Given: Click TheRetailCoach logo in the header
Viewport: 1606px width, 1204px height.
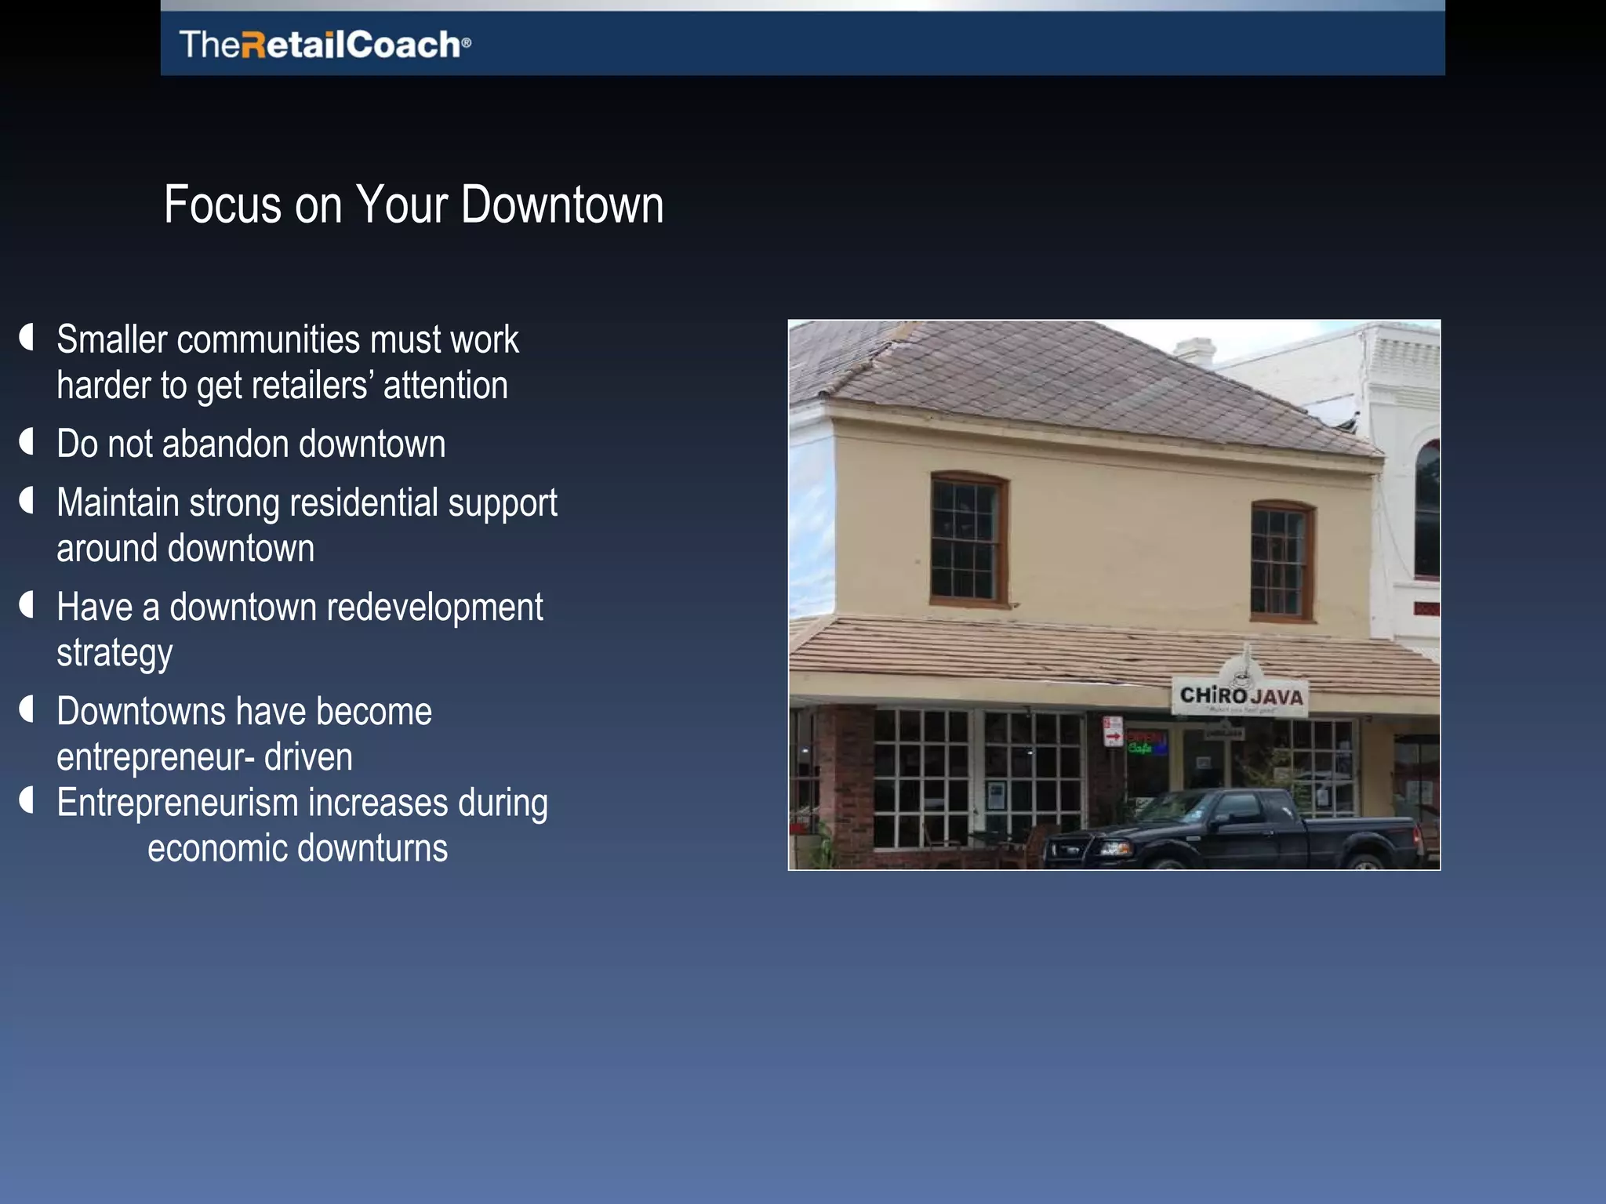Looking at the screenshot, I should [x=325, y=44].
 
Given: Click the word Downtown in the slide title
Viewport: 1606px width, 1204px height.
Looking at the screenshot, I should [x=561, y=205].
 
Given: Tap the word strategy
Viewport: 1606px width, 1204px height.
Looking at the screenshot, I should [x=114, y=654].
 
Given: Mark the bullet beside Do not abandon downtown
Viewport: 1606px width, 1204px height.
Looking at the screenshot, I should [x=27, y=442].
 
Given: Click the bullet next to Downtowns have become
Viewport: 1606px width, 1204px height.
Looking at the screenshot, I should [x=27, y=709].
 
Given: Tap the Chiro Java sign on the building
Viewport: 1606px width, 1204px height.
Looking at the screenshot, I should [x=1240, y=695].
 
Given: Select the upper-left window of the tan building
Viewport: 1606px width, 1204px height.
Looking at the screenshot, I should [x=968, y=539].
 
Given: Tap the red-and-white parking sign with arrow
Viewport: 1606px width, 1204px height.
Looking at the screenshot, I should [x=1112, y=732].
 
